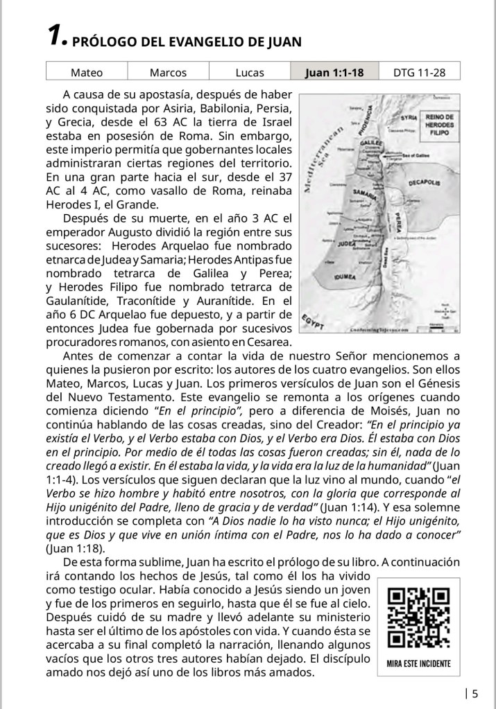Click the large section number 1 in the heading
click(55, 39)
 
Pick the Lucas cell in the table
click(250, 72)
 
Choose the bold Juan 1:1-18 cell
click(334, 72)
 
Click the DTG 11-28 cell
click(419, 72)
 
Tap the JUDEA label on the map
click(346, 245)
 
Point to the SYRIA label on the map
click(409, 119)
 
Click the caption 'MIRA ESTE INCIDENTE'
click(418, 663)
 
